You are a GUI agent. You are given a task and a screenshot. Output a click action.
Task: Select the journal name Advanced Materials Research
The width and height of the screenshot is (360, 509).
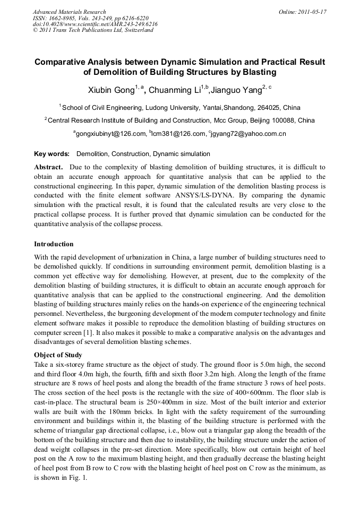coord(69,12)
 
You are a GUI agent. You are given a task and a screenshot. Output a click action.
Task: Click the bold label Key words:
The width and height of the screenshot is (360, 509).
coord(52,154)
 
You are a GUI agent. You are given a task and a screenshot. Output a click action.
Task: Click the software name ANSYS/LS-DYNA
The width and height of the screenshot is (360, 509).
coord(203,196)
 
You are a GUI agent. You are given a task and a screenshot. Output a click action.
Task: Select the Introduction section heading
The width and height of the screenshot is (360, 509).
coord(54,244)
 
